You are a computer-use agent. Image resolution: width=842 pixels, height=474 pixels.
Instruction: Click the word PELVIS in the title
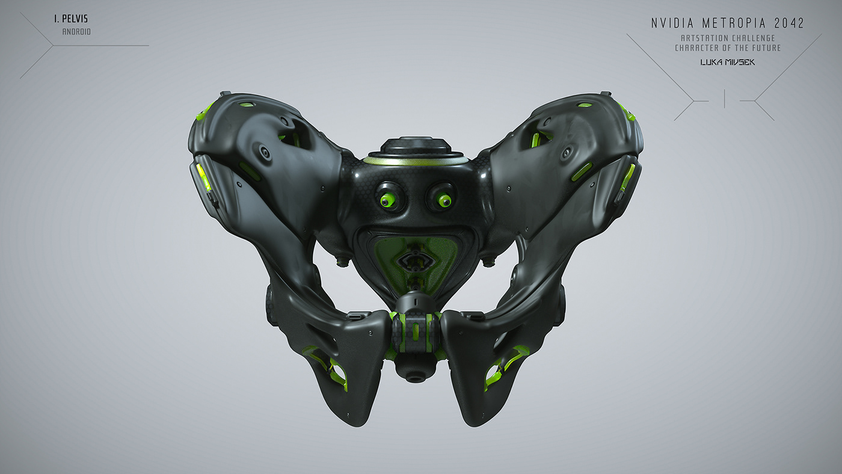coord(75,19)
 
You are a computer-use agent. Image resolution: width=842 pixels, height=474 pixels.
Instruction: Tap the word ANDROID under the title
coord(76,32)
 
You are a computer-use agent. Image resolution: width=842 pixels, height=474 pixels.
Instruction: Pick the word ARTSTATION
coord(697,38)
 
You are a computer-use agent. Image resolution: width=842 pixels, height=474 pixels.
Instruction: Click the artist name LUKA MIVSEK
coord(727,62)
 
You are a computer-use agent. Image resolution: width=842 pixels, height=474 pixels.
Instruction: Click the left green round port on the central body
coord(388,199)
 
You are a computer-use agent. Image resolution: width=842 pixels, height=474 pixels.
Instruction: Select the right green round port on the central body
coord(444,199)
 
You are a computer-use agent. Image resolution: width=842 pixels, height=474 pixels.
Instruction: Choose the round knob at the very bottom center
coord(415,373)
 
